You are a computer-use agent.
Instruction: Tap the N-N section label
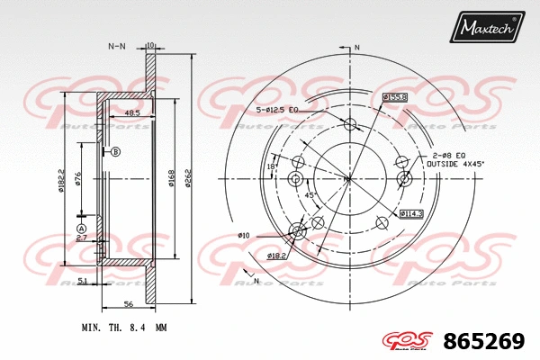117,45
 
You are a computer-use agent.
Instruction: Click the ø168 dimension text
172,178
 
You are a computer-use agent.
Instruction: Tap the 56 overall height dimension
129,305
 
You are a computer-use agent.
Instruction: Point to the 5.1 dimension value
83,282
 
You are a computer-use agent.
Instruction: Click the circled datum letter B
115,152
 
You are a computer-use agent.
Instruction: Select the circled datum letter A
81,229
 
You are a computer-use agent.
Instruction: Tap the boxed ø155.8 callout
395,97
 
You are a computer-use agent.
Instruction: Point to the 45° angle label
310,195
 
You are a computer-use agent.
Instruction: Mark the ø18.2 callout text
276,256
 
